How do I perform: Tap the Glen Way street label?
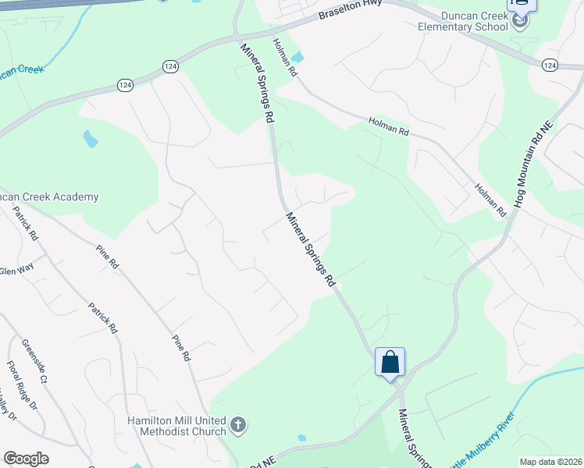click(x=17, y=271)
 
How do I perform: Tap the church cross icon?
click(x=239, y=426)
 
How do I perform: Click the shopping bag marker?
click(x=390, y=363)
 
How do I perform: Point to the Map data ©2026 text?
click(x=550, y=462)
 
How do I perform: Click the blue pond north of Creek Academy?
click(x=91, y=140)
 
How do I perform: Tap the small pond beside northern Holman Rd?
click(x=297, y=57)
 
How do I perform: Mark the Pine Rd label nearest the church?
click(x=181, y=344)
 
